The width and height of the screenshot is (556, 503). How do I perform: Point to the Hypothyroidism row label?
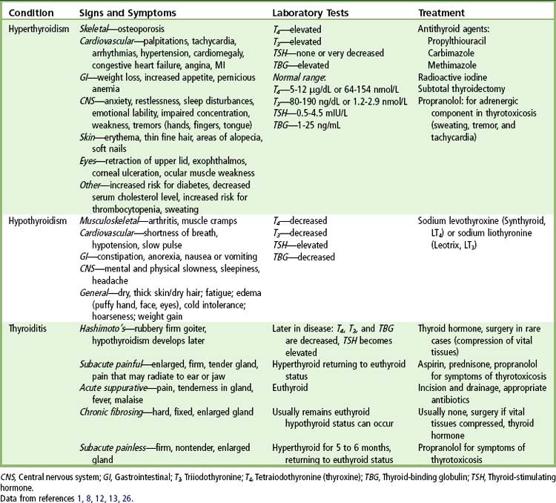tap(38, 221)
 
